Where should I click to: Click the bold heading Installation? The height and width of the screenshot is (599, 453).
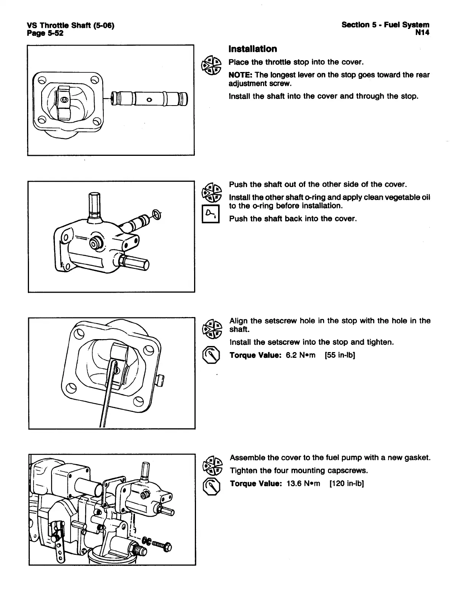pos(252,49)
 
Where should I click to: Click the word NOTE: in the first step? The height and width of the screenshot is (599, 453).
pos(240,75)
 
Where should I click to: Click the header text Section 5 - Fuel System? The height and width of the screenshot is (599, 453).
pos(385,25)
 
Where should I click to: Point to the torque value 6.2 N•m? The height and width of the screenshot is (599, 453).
pos(300,356)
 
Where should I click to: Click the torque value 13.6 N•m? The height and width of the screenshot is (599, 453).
pos(303,484)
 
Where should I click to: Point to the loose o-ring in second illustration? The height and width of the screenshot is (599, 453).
pos(157,214)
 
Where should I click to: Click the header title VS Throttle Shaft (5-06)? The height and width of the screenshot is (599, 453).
pos(71,25)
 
